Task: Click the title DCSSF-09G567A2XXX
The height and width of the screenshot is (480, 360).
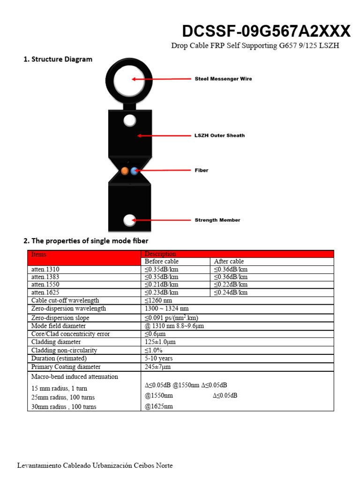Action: [266, 31]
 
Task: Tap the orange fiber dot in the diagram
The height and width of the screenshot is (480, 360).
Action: [125, 171]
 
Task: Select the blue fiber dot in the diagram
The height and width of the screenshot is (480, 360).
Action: [135, 171]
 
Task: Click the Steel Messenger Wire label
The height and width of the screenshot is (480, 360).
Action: [223, 79]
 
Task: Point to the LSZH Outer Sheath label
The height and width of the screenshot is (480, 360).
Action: [219, 135]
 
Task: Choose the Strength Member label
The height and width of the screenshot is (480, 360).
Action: [217, 220]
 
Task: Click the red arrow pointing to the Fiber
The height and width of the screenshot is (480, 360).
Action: [164, 171]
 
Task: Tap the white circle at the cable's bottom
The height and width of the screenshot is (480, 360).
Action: [129, 220]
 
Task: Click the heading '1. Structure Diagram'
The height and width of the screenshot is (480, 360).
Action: [58, 60]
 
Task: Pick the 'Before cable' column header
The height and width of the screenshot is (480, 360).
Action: [162, 262]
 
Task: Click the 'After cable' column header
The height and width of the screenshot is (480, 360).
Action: [229, 262]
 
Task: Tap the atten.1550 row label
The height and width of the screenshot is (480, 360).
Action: [45, 285]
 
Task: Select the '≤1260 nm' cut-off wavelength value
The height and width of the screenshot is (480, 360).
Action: [158, 300]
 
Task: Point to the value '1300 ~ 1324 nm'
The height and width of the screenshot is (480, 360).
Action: [167, 308]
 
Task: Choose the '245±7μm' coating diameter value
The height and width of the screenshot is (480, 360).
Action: [157, 367]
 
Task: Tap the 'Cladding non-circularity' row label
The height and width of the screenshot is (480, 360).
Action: [64, 350]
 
